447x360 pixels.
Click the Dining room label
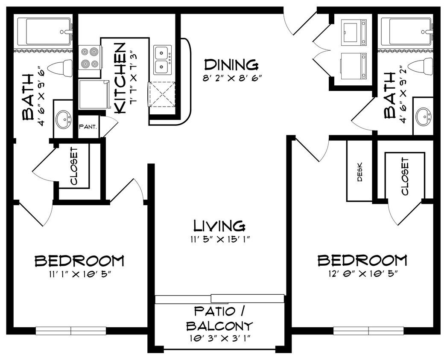(x=231, y=65)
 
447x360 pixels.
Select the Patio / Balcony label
(x=219, y=318)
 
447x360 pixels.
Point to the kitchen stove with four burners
(x=90, y=58)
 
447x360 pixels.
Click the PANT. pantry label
(x=88, y=127)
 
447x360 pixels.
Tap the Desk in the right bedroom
(x=359, y=171)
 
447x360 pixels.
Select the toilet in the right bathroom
(x=419, y=67)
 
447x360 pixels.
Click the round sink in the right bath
(x=424, y=116)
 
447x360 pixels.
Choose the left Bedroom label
(x=79, y=260)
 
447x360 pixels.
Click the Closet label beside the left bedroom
(x=74, y=166)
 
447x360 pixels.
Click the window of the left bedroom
(x=71, y=331)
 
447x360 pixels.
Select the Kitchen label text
(x=120, y=78)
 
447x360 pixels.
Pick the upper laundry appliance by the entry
(x=355, y=32)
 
